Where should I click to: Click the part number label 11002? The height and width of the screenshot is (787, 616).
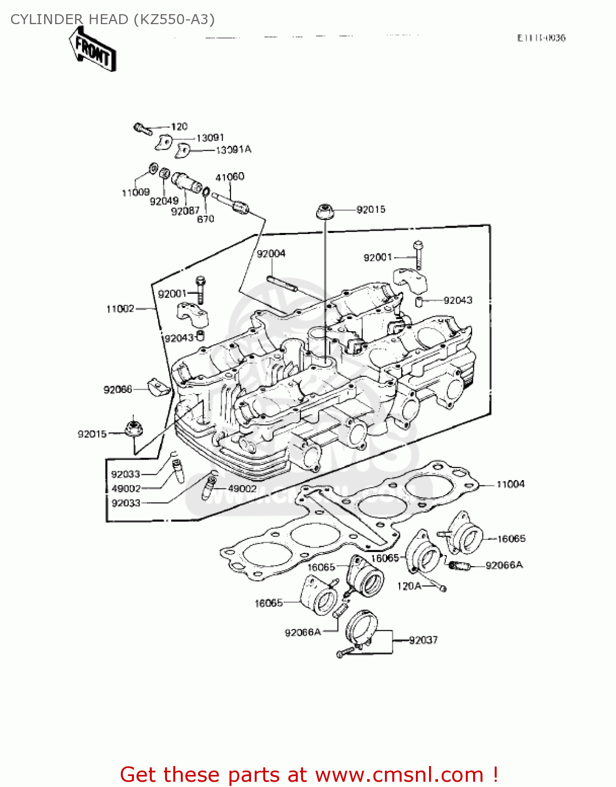pyautogui.click(x=120, y=309)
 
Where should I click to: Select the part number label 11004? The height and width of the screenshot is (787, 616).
pyautogui.click(x=510, y=484)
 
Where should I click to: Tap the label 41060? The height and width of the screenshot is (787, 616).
pyautogui.click(x=229, y=177)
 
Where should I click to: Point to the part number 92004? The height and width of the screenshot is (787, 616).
pyautogui.click(x=271, y=254)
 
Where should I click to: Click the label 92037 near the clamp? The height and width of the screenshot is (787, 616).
pyautogui.click(x=423, y=640)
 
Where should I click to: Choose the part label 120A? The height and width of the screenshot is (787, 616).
pyautogui.click(x=409, y=586)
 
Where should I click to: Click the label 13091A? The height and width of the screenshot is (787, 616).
pyautogui.click(x=234, y=150)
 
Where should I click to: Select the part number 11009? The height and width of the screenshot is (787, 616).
pyautogui.click(x=135, y=193)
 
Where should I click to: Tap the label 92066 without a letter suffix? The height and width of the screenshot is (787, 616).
pyautogui.click(x=118, y=389)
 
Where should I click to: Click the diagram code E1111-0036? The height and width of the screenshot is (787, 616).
pyautogui.click(x=541, y=38)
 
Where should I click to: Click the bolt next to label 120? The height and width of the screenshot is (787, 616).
pyautogui.click(x=142, y=128)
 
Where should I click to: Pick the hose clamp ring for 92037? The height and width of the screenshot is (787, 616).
pyautogui.click(x=362, y=627)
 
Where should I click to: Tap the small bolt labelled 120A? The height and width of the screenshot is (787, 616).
pyautogui.click(x=442, y=589)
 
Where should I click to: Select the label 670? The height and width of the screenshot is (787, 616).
pyautogui.click(x=205, y=219)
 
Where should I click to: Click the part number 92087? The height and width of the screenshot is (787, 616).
pyautogui.click(x=185, y=211)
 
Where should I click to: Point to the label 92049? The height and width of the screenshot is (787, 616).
pyautogui.click(x=164, y=201)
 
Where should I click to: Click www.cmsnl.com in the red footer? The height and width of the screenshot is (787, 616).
pyautogui.click(x=399, y=774)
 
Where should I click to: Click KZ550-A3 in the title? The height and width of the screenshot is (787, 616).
pyautogui.click(x=174, y=19)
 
